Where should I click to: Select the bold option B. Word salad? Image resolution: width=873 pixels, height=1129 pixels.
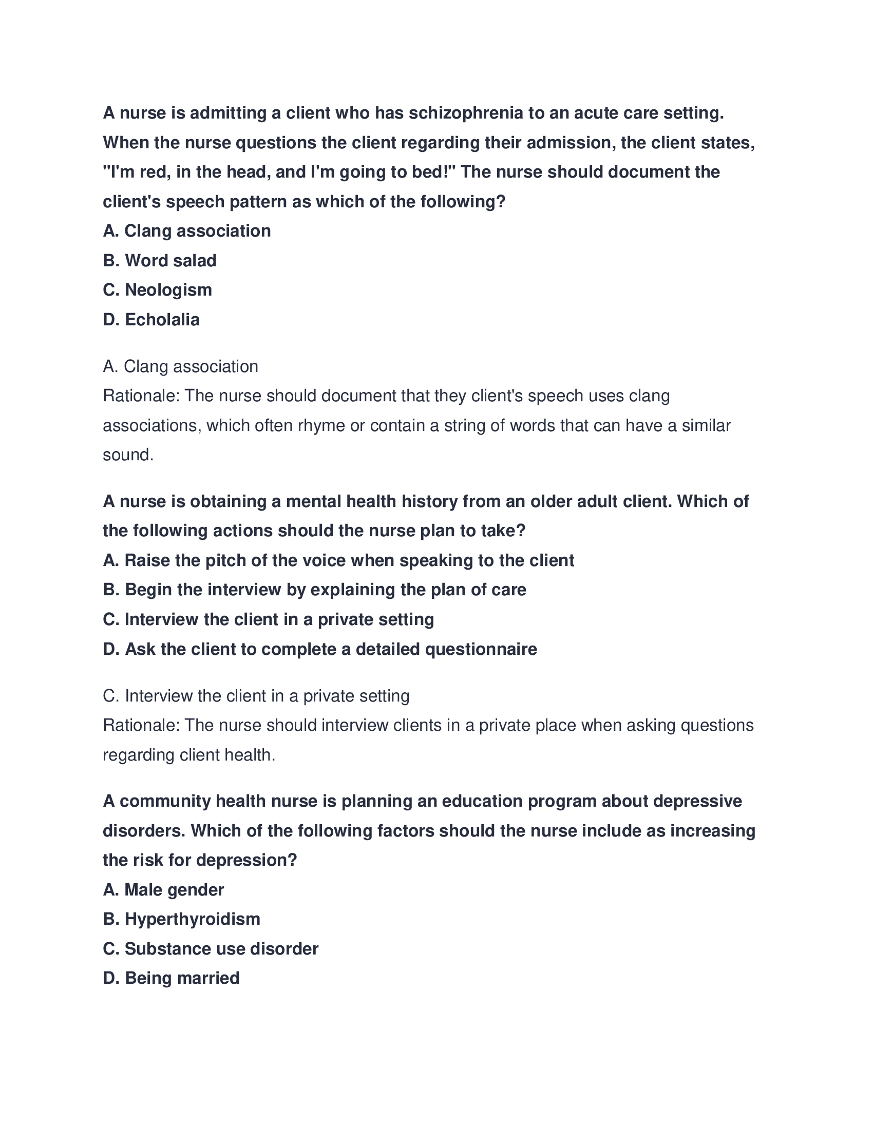(x=160, y=261)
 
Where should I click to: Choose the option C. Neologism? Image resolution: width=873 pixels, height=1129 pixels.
(x=158, y=290)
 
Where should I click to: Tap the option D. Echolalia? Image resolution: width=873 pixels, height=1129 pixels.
(x=151, y=320)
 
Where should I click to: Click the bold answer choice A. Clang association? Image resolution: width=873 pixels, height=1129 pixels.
(x=187, y=231)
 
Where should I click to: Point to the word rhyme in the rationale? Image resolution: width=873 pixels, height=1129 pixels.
(x=321, y=425)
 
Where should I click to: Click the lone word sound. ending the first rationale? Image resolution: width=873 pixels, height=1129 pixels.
(x=128, y=455)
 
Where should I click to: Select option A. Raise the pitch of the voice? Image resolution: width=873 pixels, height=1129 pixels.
(x=339, y=560)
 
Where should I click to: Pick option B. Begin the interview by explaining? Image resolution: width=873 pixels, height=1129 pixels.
(x=314, y=590)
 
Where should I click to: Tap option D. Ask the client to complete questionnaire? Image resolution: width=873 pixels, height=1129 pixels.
(x=320, y=649)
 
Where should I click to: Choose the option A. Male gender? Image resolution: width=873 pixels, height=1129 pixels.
(x=163, y=890)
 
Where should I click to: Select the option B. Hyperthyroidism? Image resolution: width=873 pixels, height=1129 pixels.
(x=181, y=919)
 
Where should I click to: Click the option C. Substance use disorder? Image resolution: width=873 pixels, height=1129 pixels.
(x=211, y=948)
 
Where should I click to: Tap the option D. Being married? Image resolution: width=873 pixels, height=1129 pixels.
(x=171, y=978)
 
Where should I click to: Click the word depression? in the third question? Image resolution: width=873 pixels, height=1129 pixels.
(x=246, y=860)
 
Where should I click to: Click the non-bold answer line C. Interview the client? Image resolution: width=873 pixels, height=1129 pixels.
(x=256, y=696)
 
